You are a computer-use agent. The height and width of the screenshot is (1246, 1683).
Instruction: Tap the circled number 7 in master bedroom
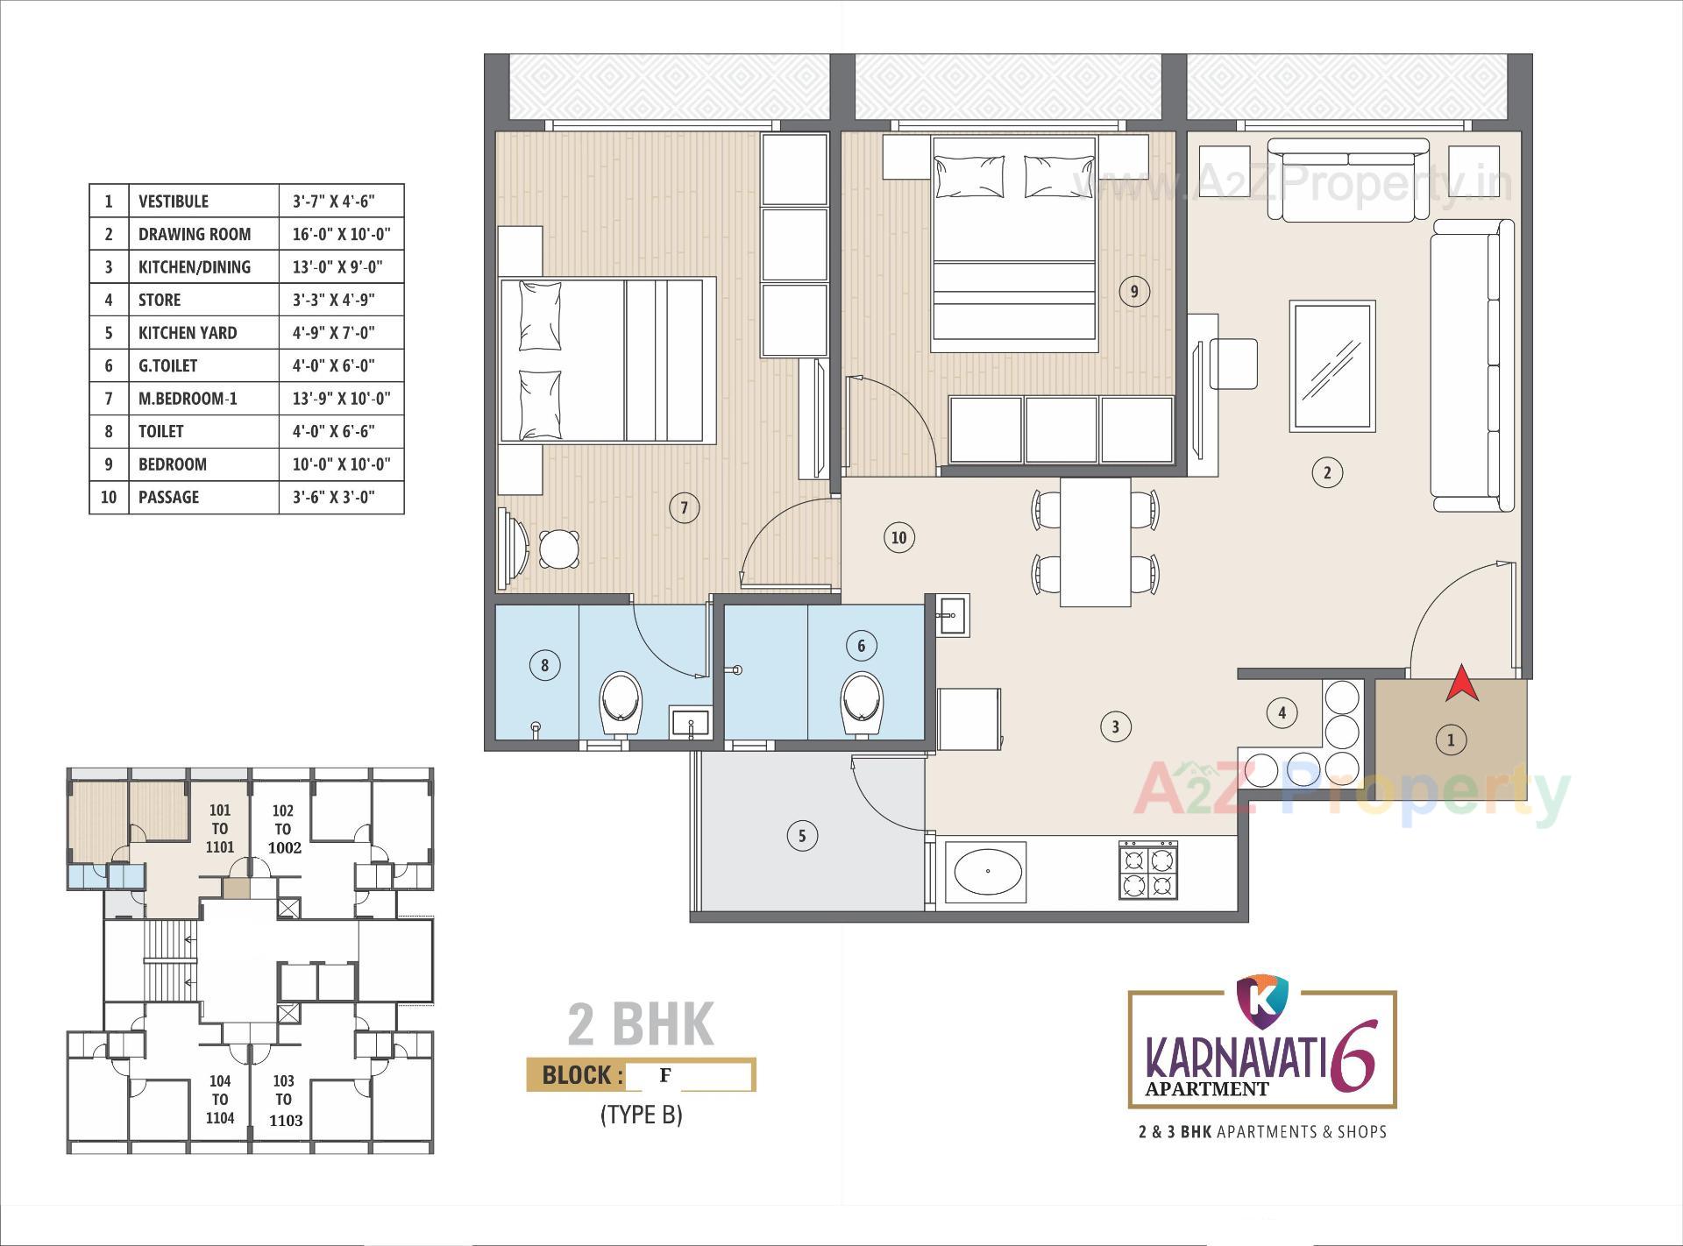pos(684,507)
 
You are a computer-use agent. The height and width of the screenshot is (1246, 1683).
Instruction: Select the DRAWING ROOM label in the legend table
pos(195,234)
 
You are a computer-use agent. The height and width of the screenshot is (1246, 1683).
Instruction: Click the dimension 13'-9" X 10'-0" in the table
pos(341,399)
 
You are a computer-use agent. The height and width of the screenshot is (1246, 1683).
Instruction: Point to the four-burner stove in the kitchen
pos(1147,870)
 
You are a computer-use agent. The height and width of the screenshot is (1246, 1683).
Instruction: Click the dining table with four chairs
pos(1095,542)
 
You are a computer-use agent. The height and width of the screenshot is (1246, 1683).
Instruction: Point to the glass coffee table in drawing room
pos(1331,366)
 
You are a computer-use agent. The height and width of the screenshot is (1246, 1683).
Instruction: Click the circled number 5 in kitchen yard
pos(801,835)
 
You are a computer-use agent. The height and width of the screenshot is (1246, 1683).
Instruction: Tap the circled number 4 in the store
pos(1282,712)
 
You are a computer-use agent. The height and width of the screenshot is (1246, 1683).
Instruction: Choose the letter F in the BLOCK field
pos(665,1073)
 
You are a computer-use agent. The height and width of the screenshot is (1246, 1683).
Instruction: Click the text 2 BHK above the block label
pos(641,1024)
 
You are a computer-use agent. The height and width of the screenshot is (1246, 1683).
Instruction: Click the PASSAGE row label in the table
pos(168,497)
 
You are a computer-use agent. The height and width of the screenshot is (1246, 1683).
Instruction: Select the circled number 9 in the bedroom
pos(1133,291)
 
